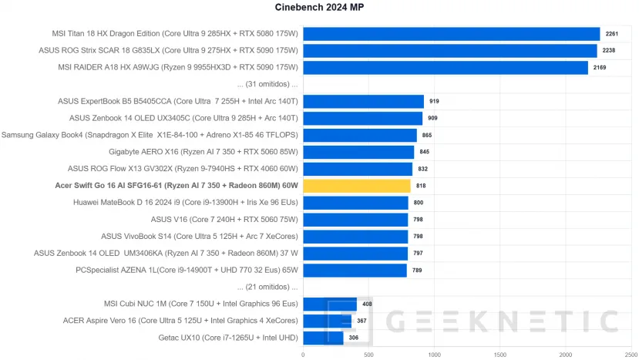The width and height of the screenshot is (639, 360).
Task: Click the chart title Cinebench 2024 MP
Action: [319, 8]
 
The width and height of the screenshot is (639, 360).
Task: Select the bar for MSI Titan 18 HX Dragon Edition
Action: [451, 34]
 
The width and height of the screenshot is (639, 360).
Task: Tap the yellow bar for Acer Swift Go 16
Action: [357, 186]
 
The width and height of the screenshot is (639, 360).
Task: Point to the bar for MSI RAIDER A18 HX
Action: [445, 68]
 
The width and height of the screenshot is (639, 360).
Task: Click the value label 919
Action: [434, 101]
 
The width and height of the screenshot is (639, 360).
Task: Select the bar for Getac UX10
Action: [323, 338]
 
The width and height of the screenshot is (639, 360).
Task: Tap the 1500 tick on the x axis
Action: [500, 355]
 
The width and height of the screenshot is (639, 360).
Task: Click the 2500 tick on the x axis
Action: [631, 355]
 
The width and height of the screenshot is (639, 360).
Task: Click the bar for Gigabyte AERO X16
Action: [358, 152]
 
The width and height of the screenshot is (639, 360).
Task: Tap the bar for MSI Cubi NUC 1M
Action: [330, 304]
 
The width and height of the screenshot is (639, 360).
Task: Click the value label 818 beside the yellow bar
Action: [421, 186]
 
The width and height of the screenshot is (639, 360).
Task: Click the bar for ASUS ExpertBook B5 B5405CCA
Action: [363, 101]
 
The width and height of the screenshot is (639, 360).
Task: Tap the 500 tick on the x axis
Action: [368, 355]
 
